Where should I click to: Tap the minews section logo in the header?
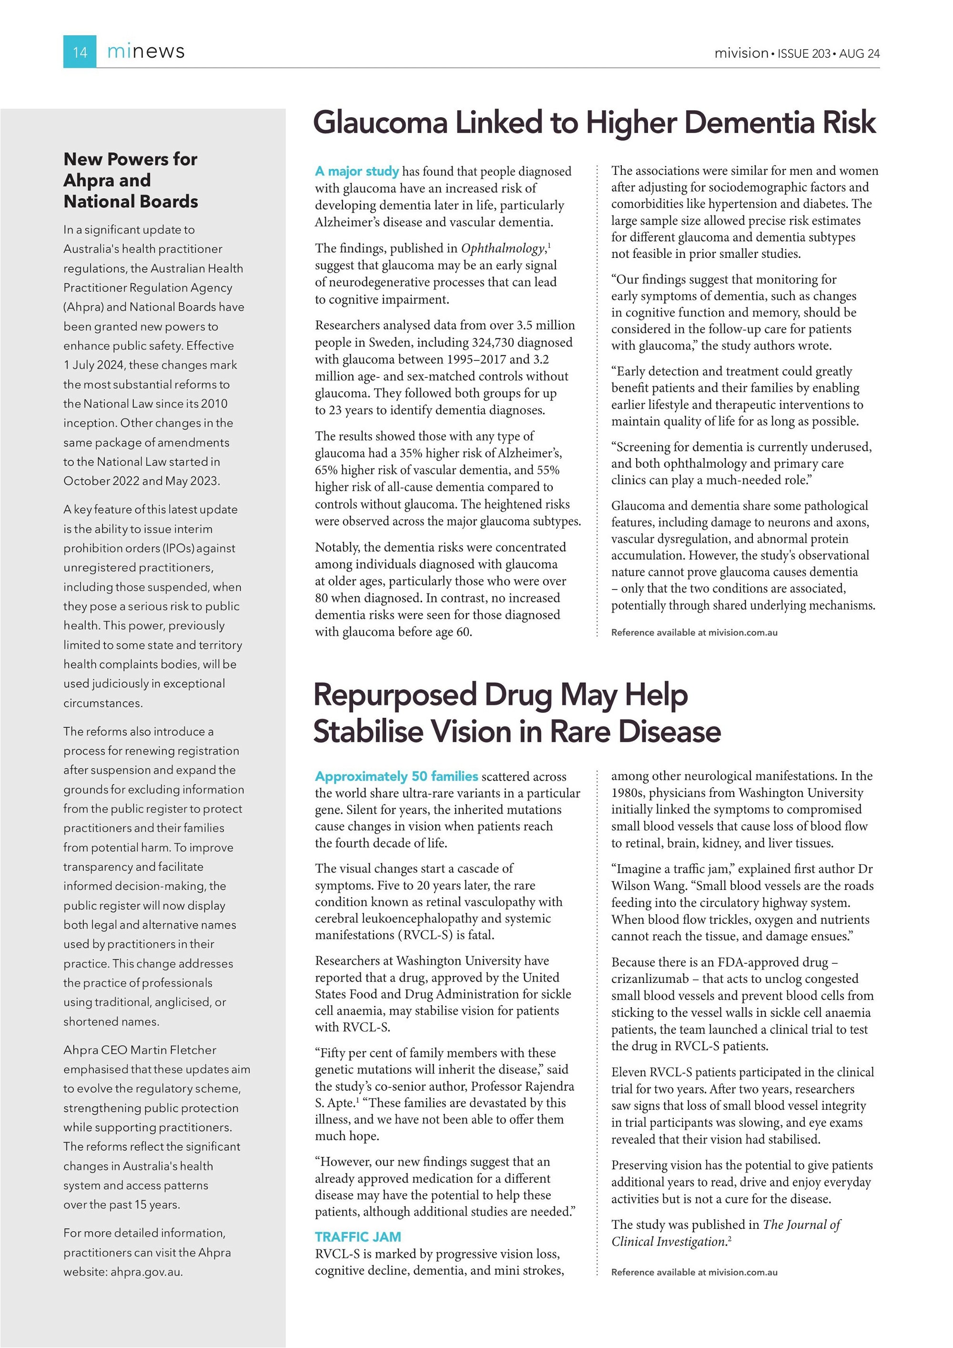pos(145,51)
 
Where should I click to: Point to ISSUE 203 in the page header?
pos(803,54)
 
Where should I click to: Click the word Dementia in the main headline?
pos(748,123)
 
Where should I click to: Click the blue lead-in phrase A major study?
pos(357,172)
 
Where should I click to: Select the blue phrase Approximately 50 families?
pos(397,776)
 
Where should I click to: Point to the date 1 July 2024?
pos(94,365)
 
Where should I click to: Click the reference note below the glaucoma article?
pos(694,633)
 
